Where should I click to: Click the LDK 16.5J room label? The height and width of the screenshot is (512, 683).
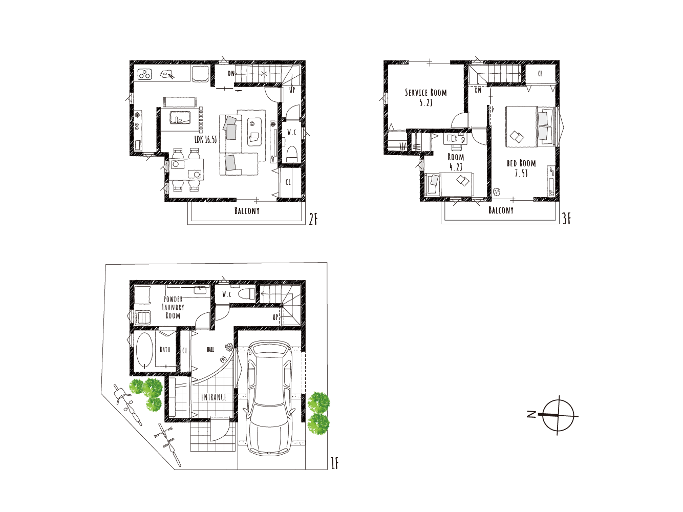pyautogui.click(x=205, y=139)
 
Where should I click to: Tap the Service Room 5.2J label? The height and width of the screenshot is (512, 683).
pyautogui.click(x=425, y=97)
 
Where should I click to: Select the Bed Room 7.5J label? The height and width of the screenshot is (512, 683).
pyautogui.click(x=521, y=168)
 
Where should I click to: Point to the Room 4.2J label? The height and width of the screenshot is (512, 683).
pyautogui.click(x=456, y=162)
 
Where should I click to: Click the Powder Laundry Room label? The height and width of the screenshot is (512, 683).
pyautogui.click(x=173, y=307)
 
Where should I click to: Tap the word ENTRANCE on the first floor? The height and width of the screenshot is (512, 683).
pyautogui.click(x=214, y=397)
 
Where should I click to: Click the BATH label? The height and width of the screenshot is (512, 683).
pyautogui.click(x=165, y=350)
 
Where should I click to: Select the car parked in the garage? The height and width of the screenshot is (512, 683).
pyautogui.click(x=269, y=398)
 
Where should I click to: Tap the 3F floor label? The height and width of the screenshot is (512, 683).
pyautogui.click(x=567, y=219)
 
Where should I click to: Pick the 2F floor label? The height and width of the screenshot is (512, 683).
pyautogui.click(x=313, y=219)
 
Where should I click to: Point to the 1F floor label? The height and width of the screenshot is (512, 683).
pyautogui.click(x=334, y=464)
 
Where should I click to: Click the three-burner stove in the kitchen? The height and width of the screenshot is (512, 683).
pyautogui.click(x=145, y=74)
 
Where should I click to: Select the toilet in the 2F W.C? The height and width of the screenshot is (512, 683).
pyautogui.click(x=292, y=154)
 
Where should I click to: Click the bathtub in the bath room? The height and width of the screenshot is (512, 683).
pyautogui.click(x=144, y=351)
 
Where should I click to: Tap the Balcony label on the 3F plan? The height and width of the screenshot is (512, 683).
pyautogui.click(x=501, y=210)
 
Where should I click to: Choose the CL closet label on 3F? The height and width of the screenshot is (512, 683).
pyautogui.click(x=540, y=74)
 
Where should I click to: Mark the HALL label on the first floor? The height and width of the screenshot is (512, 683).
pyautogui.click(x=210, y=350)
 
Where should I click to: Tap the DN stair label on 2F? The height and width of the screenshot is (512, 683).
pyautogui.click(x=231, y=73)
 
